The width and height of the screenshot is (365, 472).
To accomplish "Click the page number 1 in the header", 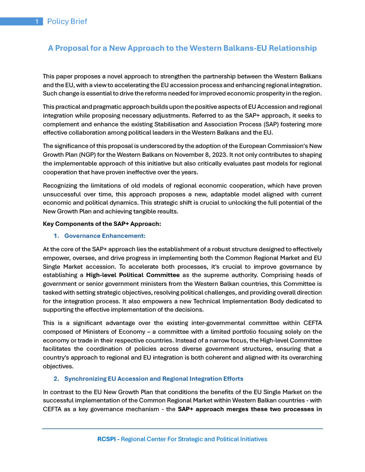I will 37,22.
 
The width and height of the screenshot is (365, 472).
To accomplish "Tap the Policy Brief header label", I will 67,22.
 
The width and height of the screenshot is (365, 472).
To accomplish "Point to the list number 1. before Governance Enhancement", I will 57,236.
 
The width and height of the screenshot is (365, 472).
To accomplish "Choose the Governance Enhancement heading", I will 105,236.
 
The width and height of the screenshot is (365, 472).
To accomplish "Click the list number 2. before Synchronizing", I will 57,379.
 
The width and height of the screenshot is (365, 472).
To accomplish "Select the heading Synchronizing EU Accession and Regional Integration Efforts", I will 154,379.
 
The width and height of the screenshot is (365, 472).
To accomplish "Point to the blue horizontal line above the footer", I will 182,429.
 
